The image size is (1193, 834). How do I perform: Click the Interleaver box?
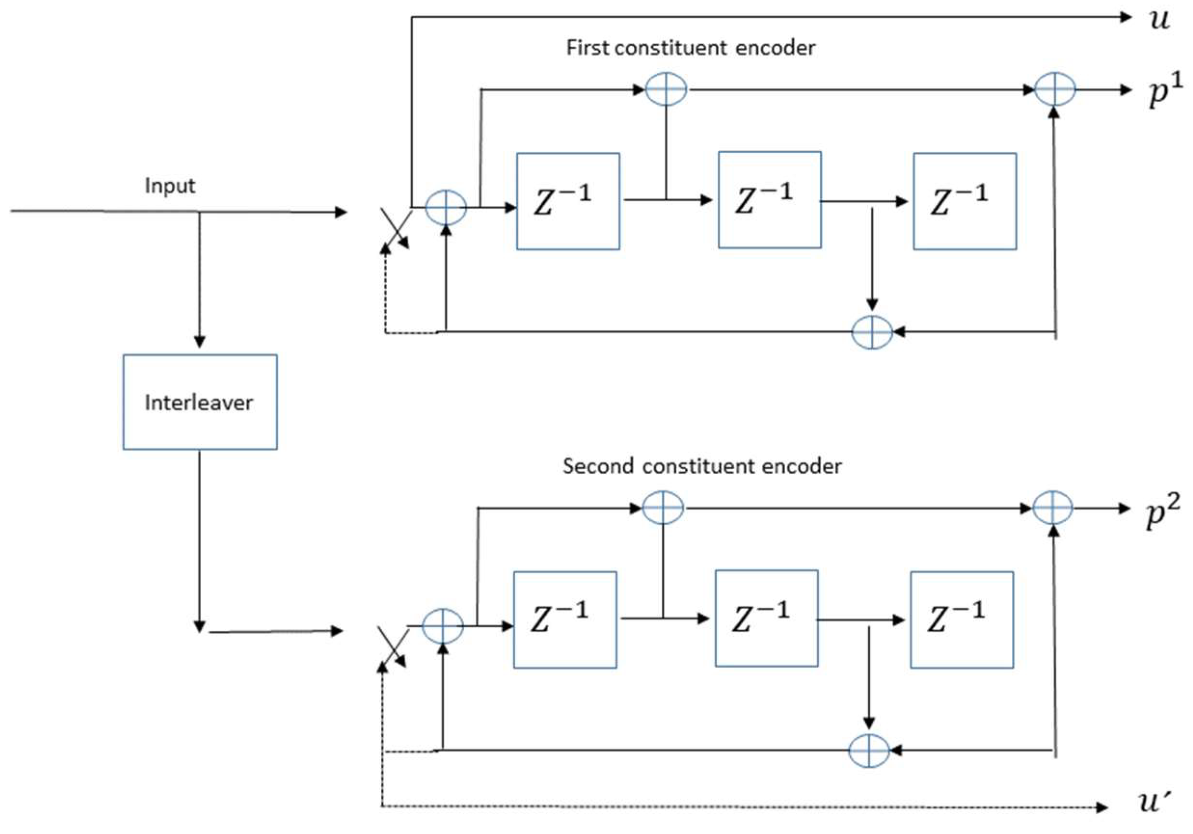(200, 402)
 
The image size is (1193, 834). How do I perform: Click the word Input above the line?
(170, 186)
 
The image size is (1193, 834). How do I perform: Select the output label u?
(1159, 20)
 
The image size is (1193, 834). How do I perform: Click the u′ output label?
(1154, 801)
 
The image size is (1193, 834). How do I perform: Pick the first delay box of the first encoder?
(568, 201)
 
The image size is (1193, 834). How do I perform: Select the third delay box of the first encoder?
(965, 201)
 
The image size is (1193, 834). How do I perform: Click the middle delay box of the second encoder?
(766, 618)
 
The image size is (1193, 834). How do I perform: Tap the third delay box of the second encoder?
(961, 620)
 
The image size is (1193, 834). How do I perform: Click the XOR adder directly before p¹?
(1055, 89)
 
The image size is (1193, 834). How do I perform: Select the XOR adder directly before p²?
(1052, 508)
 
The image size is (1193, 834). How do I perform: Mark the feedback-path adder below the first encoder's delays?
(872, 332)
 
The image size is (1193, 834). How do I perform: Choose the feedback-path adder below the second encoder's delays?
(869, 750)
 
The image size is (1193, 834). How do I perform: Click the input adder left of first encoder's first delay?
(446, 207)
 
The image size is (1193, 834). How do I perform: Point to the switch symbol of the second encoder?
(393, 647)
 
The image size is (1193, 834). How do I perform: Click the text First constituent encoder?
(690, 48)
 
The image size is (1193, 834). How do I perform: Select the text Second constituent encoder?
(701, 466)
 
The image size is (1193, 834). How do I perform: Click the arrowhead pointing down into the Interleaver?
(200, 342)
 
